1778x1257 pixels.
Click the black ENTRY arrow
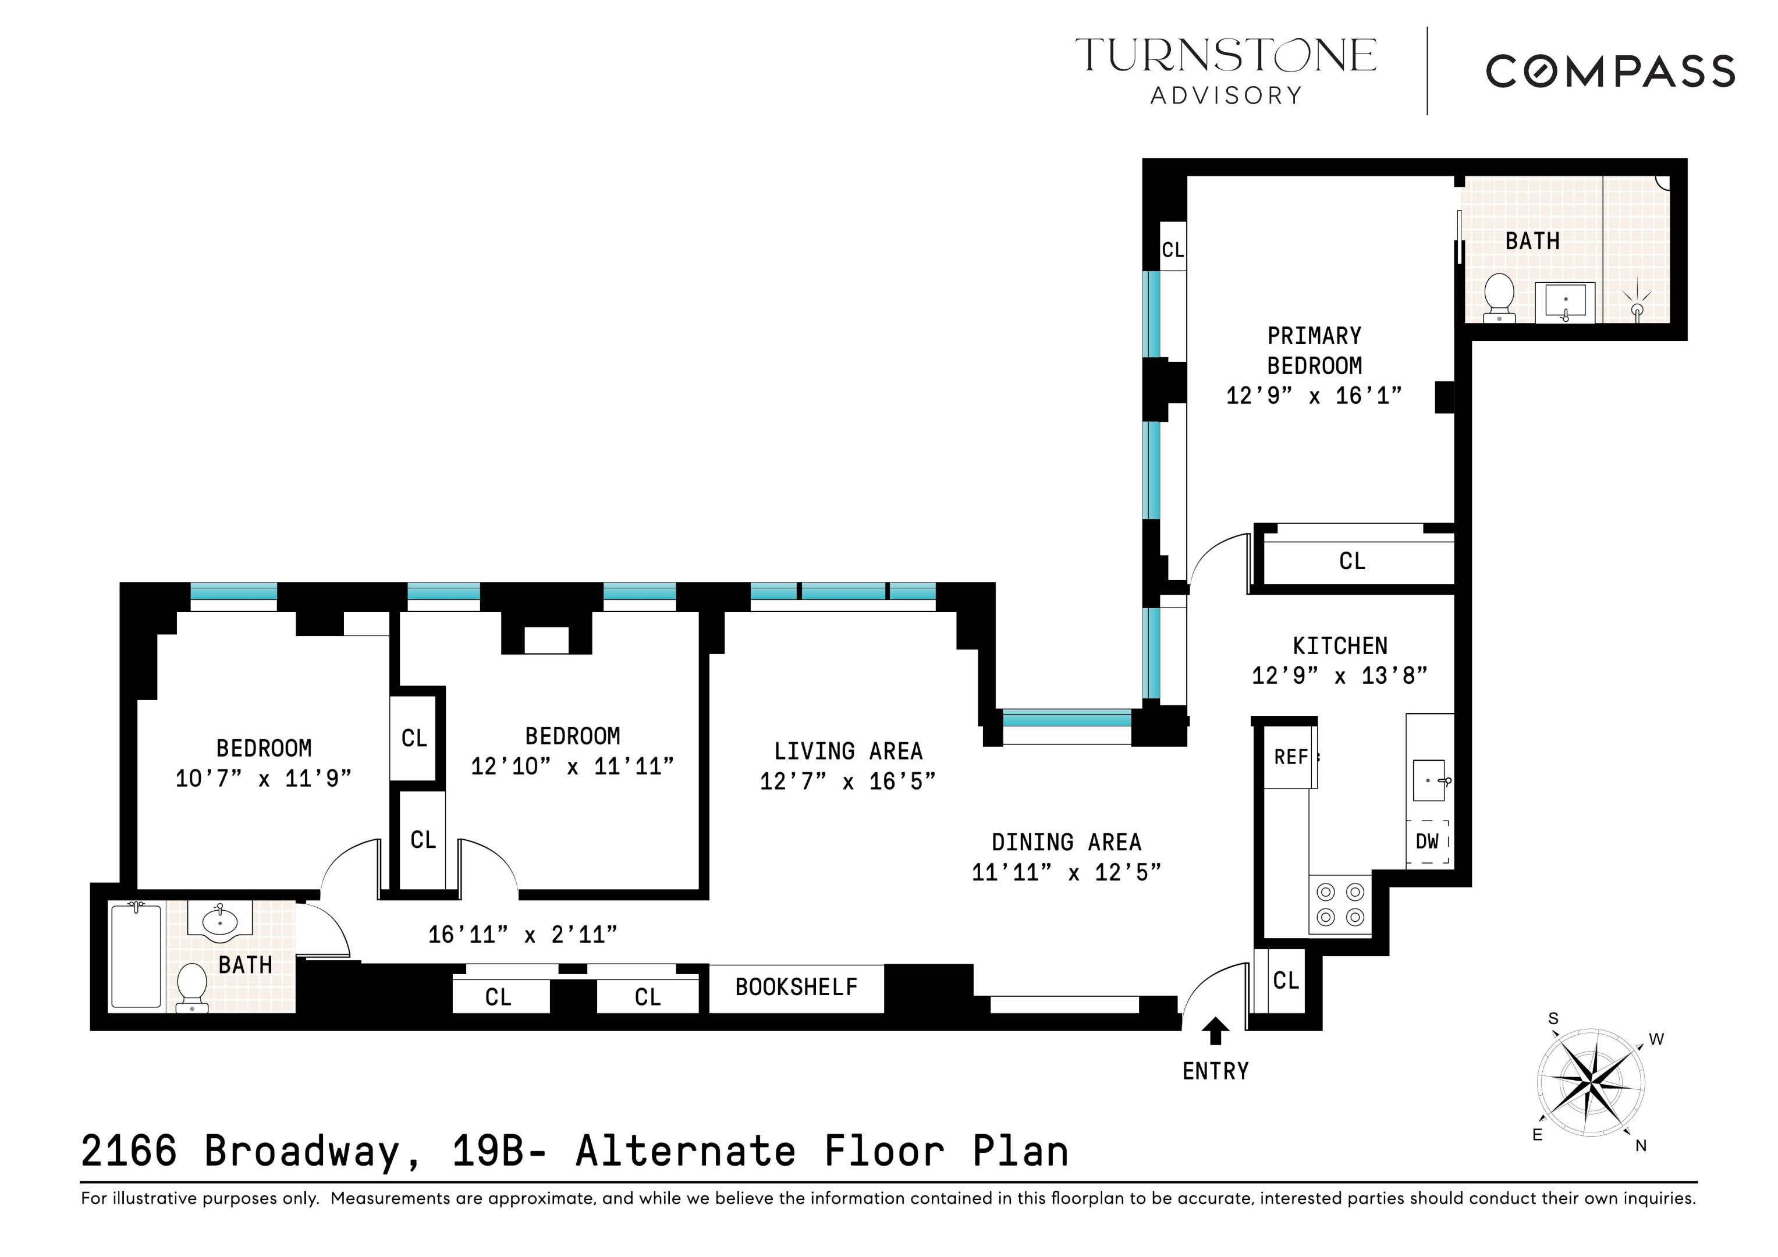coord(1215,1031)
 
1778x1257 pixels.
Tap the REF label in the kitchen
coord(1290,757)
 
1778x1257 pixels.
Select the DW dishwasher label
coord(1427,841)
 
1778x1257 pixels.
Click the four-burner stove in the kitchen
coord(1340,904)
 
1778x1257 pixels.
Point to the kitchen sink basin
coord(1429,780)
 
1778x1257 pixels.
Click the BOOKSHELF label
coord(796,988)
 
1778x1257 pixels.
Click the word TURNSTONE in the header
coord(1225,56)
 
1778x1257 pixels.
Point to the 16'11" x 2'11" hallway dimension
coord(523,935)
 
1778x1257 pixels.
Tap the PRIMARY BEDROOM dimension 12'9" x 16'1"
coord(1314,396)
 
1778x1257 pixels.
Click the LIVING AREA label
coord(848,751)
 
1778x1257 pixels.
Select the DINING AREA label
coord(1066,842)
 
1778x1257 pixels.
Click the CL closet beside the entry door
coord(1286,981)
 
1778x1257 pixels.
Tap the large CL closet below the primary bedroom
coord(1352,561)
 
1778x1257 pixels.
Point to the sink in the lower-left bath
coord(220,921)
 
